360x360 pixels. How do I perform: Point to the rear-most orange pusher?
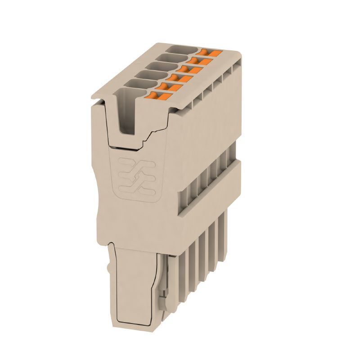(x=209, y=53)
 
